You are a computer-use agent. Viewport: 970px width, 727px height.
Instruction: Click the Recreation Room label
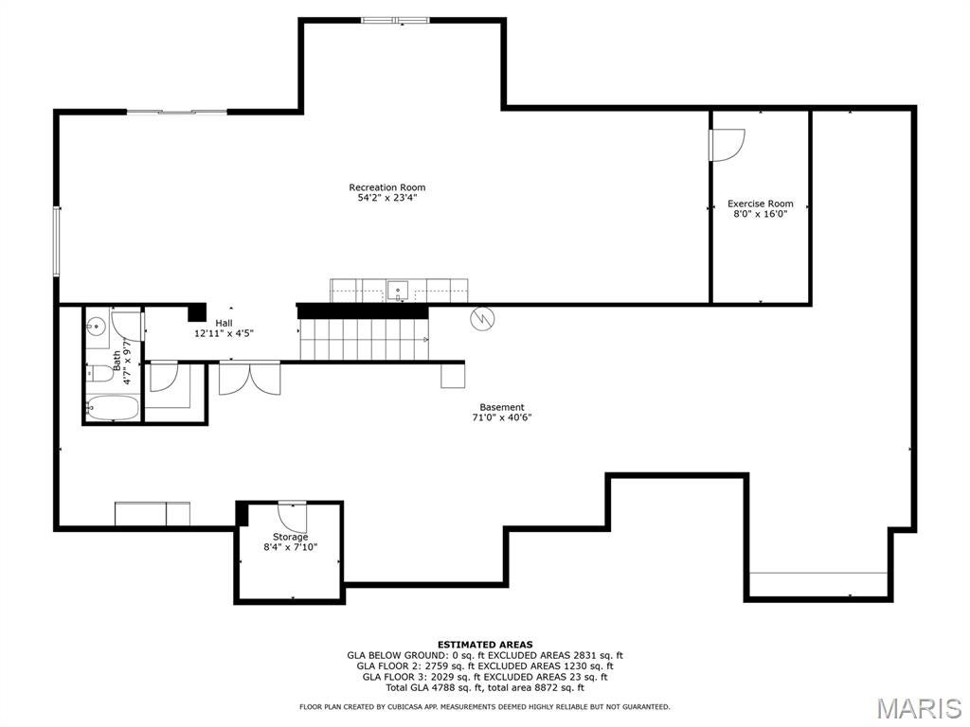pos(386,187)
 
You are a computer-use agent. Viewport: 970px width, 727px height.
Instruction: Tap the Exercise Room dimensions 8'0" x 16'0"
pos(760,214)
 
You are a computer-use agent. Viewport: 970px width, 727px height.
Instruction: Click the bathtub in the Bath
pos(113,409)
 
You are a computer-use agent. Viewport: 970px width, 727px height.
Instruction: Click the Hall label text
pos(224,323)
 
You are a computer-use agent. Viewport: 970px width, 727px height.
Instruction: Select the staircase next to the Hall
pos(362,339)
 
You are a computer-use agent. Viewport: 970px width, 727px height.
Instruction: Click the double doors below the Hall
pos(249,378)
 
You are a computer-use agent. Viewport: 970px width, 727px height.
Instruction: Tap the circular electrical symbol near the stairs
pos(482,319)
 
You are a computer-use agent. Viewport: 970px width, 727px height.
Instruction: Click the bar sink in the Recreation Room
pos(399,289)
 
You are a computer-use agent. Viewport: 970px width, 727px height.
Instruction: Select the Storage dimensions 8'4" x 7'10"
pos(290,547)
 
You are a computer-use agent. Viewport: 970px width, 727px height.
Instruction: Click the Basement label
pos(501,407)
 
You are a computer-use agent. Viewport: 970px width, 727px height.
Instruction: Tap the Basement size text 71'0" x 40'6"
pos(501,417)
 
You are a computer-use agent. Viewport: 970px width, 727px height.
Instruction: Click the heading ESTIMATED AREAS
pos(484,644)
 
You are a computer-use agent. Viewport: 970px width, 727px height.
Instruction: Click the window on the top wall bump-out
pos(395,20)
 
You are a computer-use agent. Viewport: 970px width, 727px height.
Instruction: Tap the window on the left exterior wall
pos(57,241)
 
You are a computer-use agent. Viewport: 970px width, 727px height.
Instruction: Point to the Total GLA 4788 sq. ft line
pos(484,688)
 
